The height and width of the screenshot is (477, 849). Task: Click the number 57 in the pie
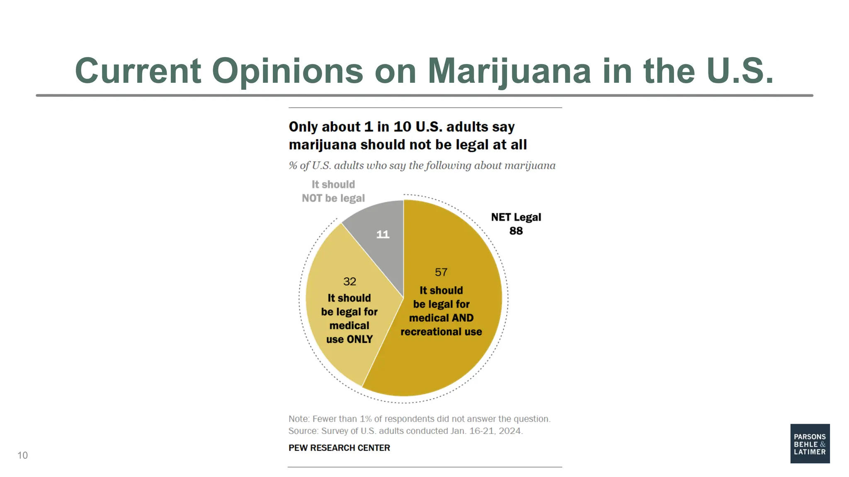point(441,272)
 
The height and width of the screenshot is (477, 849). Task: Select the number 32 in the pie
point(349,282)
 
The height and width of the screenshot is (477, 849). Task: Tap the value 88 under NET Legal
point(516,231)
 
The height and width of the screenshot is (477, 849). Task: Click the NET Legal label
point(516,217)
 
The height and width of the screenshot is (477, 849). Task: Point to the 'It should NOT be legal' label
point(333,191)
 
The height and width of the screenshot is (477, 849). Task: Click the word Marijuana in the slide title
point(509,71)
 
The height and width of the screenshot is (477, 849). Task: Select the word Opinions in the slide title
point(287,71)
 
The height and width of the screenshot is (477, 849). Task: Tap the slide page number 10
point(22,455)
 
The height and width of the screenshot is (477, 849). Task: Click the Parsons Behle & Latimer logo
point(810,443)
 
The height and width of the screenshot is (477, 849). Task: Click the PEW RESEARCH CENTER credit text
point(339,448)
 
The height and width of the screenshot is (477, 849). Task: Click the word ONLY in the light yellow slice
point(359,340)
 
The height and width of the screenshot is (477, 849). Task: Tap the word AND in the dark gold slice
point(463,318)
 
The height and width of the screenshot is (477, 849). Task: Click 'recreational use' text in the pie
point(441,332)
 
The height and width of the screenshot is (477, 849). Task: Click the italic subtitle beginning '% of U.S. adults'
point(422,166)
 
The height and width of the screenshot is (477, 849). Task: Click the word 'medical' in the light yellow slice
point(349,326)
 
